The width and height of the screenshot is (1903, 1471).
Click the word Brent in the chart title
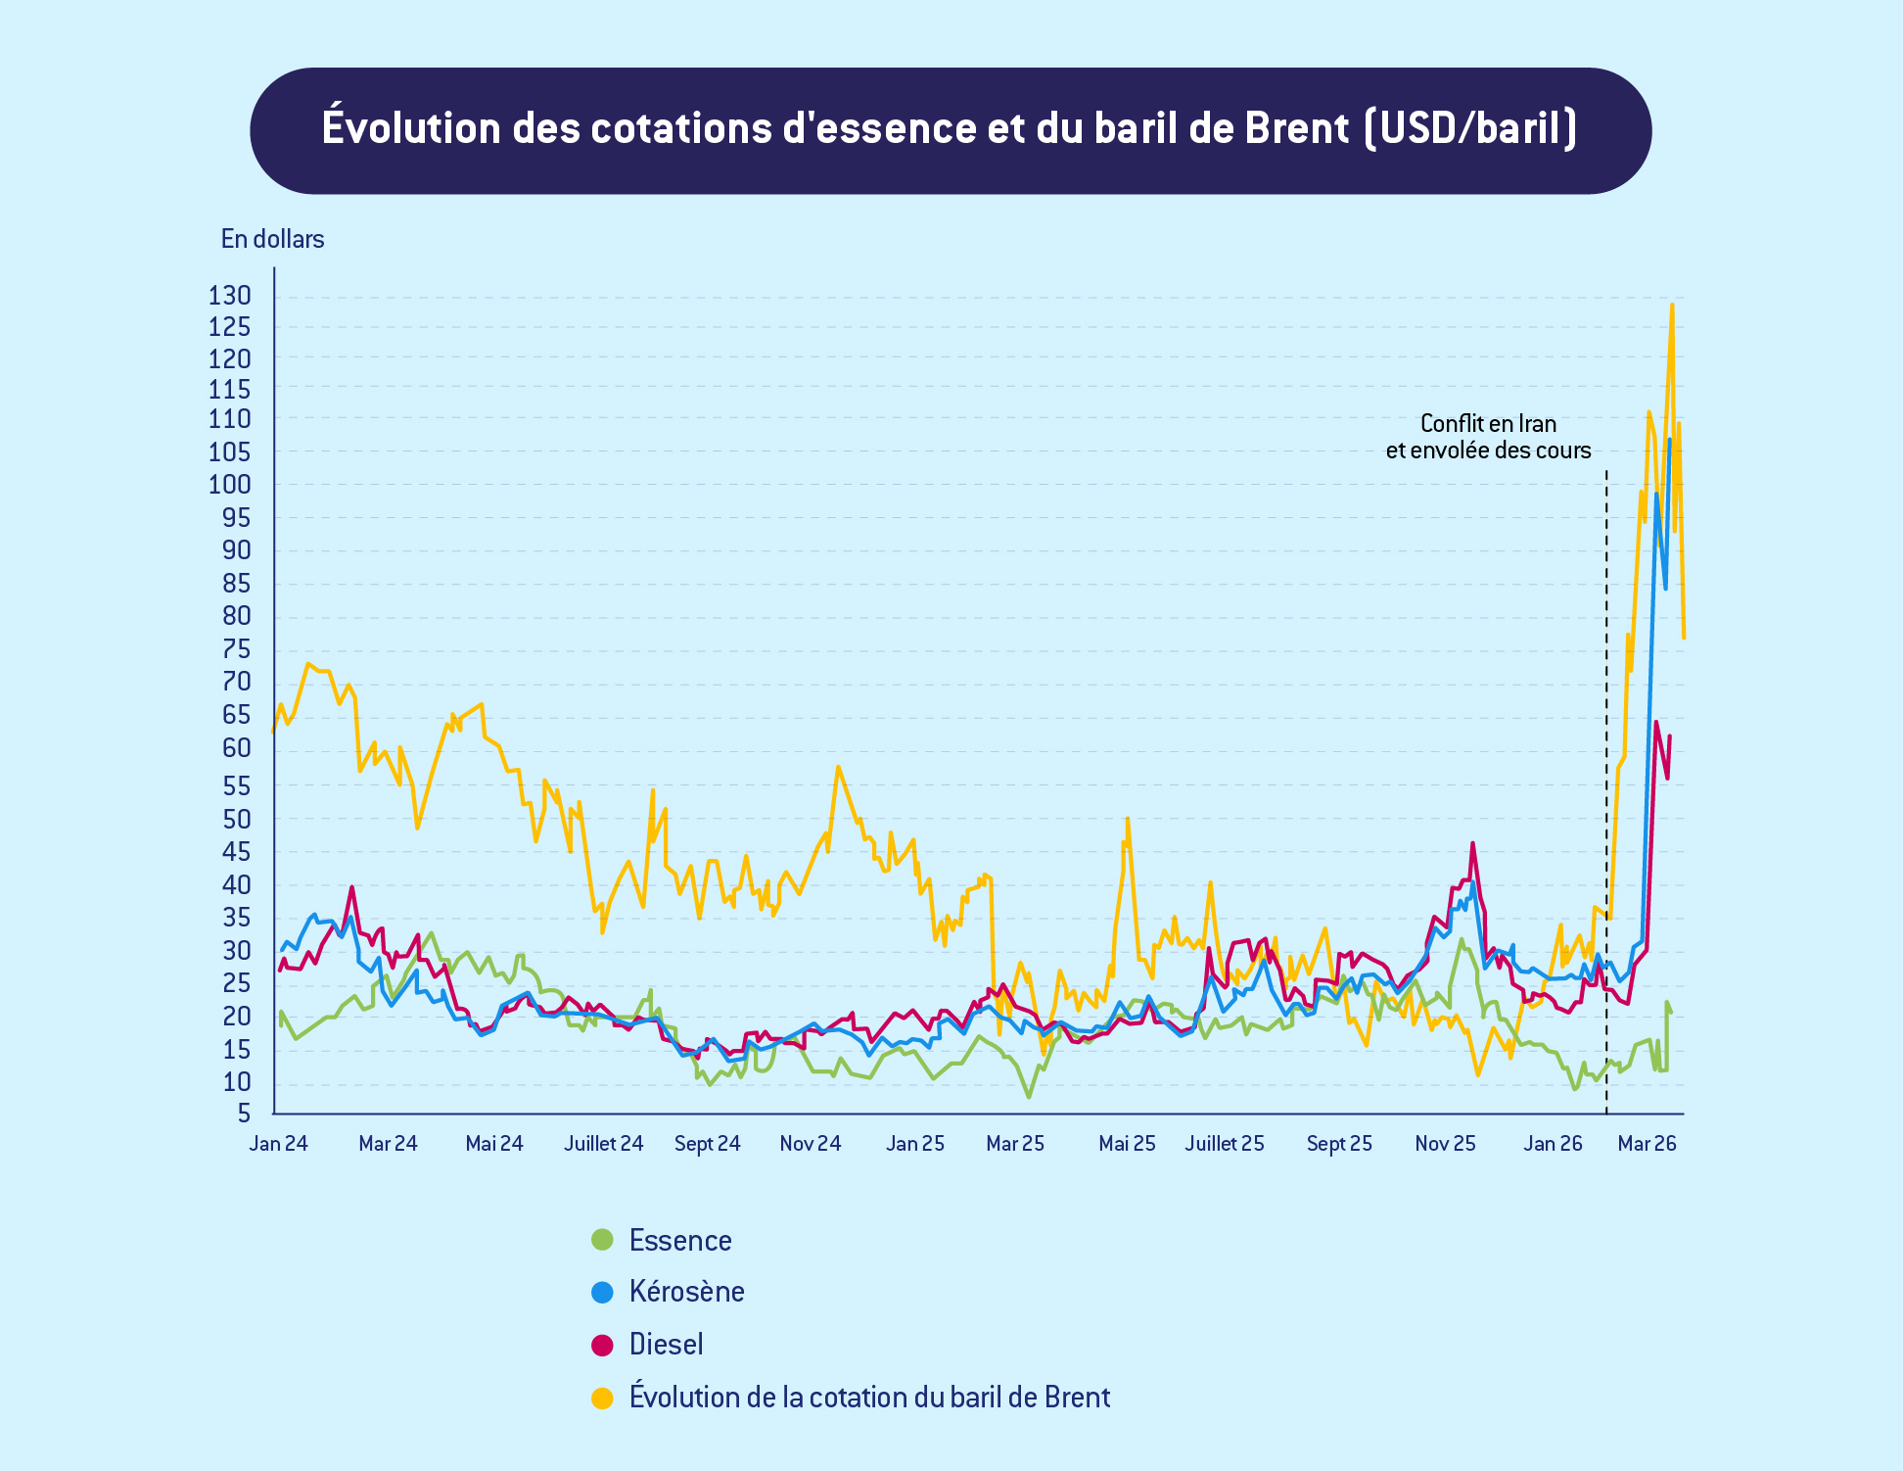[x=1296, y=128]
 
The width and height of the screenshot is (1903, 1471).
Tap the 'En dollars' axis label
[x=272, y=239]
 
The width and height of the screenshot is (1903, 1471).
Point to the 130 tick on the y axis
[x=230, y=296]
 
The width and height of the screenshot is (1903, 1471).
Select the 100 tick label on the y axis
[x=230, y=485]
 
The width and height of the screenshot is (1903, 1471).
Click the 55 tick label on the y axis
[x=236, y=785]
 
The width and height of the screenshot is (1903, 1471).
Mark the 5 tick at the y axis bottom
[x=243, y=1114]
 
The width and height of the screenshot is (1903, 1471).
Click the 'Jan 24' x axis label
[x=278, y=1144]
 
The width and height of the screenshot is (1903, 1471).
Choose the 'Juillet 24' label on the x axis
[x=603, y=1144]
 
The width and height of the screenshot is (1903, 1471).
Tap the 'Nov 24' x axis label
[x=810, y=1144]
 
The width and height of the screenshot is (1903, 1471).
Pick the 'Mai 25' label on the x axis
[x=1127, y=1144]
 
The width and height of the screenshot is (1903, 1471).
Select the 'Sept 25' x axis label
[x=1338, y=1144]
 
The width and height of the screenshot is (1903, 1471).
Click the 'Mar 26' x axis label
[x=1647, y=1144]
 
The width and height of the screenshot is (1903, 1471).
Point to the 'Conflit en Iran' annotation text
[x=1488, y=424]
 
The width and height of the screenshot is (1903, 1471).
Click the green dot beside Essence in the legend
[x=602, y=1240]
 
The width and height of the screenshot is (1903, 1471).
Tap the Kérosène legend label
[x=686, y=1292]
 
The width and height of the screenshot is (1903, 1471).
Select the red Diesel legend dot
[x=602, y=1345]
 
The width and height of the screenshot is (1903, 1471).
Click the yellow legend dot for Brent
[x=602, y=1398]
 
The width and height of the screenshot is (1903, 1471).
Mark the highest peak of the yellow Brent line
[x=1671, y=305]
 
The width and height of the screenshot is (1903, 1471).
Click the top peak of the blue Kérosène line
[x=1669, y=440]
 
